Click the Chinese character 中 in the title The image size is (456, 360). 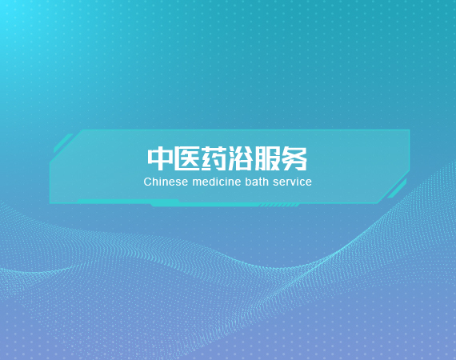pos(160,158)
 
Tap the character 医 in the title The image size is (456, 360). pos(186,158)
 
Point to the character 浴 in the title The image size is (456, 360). pos(240,158)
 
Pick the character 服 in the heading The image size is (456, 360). pos(267,158)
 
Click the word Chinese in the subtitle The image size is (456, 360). pos(166,182)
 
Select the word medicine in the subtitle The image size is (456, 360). pos(217,182)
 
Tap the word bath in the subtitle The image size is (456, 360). pos(257,182)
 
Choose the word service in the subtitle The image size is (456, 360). pos(292,182)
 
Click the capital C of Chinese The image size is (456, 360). pos(147,182)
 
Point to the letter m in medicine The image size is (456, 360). pos(196,183)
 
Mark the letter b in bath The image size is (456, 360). pos(248,182)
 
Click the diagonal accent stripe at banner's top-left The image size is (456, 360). pos(63,142)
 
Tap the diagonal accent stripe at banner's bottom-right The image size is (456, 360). pos(397,189)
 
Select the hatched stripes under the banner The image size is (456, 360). pos(279,206)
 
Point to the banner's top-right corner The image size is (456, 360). pos(410,130)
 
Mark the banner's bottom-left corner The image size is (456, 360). pos(50,202)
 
